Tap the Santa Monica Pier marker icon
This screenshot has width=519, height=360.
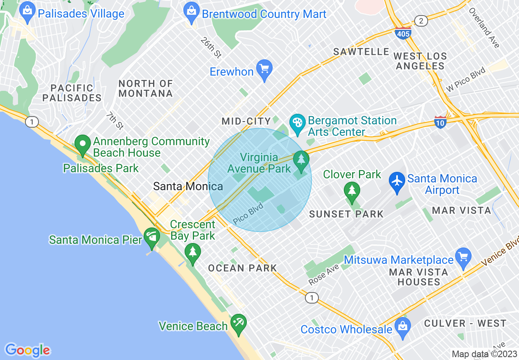point(152,237)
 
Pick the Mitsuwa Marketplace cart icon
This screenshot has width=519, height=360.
point(463,258)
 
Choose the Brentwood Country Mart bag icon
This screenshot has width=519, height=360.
point(191,12)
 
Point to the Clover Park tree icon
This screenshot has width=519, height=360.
point(352,190)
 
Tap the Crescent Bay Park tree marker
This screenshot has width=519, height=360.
point(193,252)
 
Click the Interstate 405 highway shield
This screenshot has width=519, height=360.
point(403,33)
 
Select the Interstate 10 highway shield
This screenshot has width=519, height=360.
point(440,122)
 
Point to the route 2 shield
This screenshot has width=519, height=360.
point(420,20)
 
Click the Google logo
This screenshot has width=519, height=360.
point(27,350)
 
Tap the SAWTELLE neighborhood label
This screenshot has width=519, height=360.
point(361,52)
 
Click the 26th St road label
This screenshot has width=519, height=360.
point(211,47)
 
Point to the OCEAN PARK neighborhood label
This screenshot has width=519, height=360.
point(242,268)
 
